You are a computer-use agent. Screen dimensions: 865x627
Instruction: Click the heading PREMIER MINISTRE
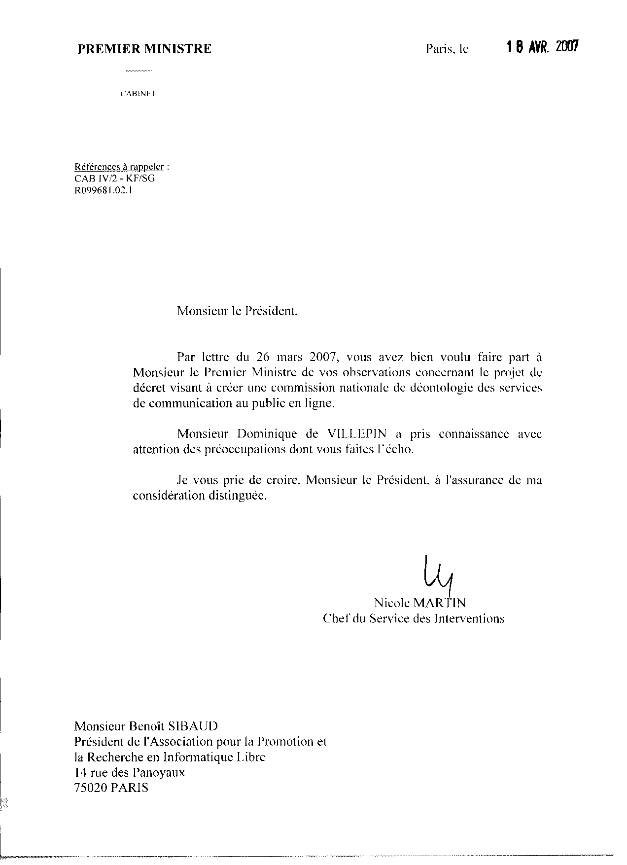coord(144,48)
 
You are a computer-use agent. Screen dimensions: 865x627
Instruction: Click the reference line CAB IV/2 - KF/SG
coord(114,178)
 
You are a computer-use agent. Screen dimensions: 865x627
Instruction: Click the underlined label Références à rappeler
coord(119,167)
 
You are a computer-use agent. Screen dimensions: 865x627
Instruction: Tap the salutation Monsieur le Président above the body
coord(238,311)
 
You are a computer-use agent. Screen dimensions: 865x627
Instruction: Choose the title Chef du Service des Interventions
coord(413,618)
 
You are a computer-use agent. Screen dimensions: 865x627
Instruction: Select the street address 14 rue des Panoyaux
coord(129,772)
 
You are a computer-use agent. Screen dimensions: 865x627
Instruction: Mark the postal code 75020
coord(90,788)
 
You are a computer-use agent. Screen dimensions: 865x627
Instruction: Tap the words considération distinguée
coord(200,496)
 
